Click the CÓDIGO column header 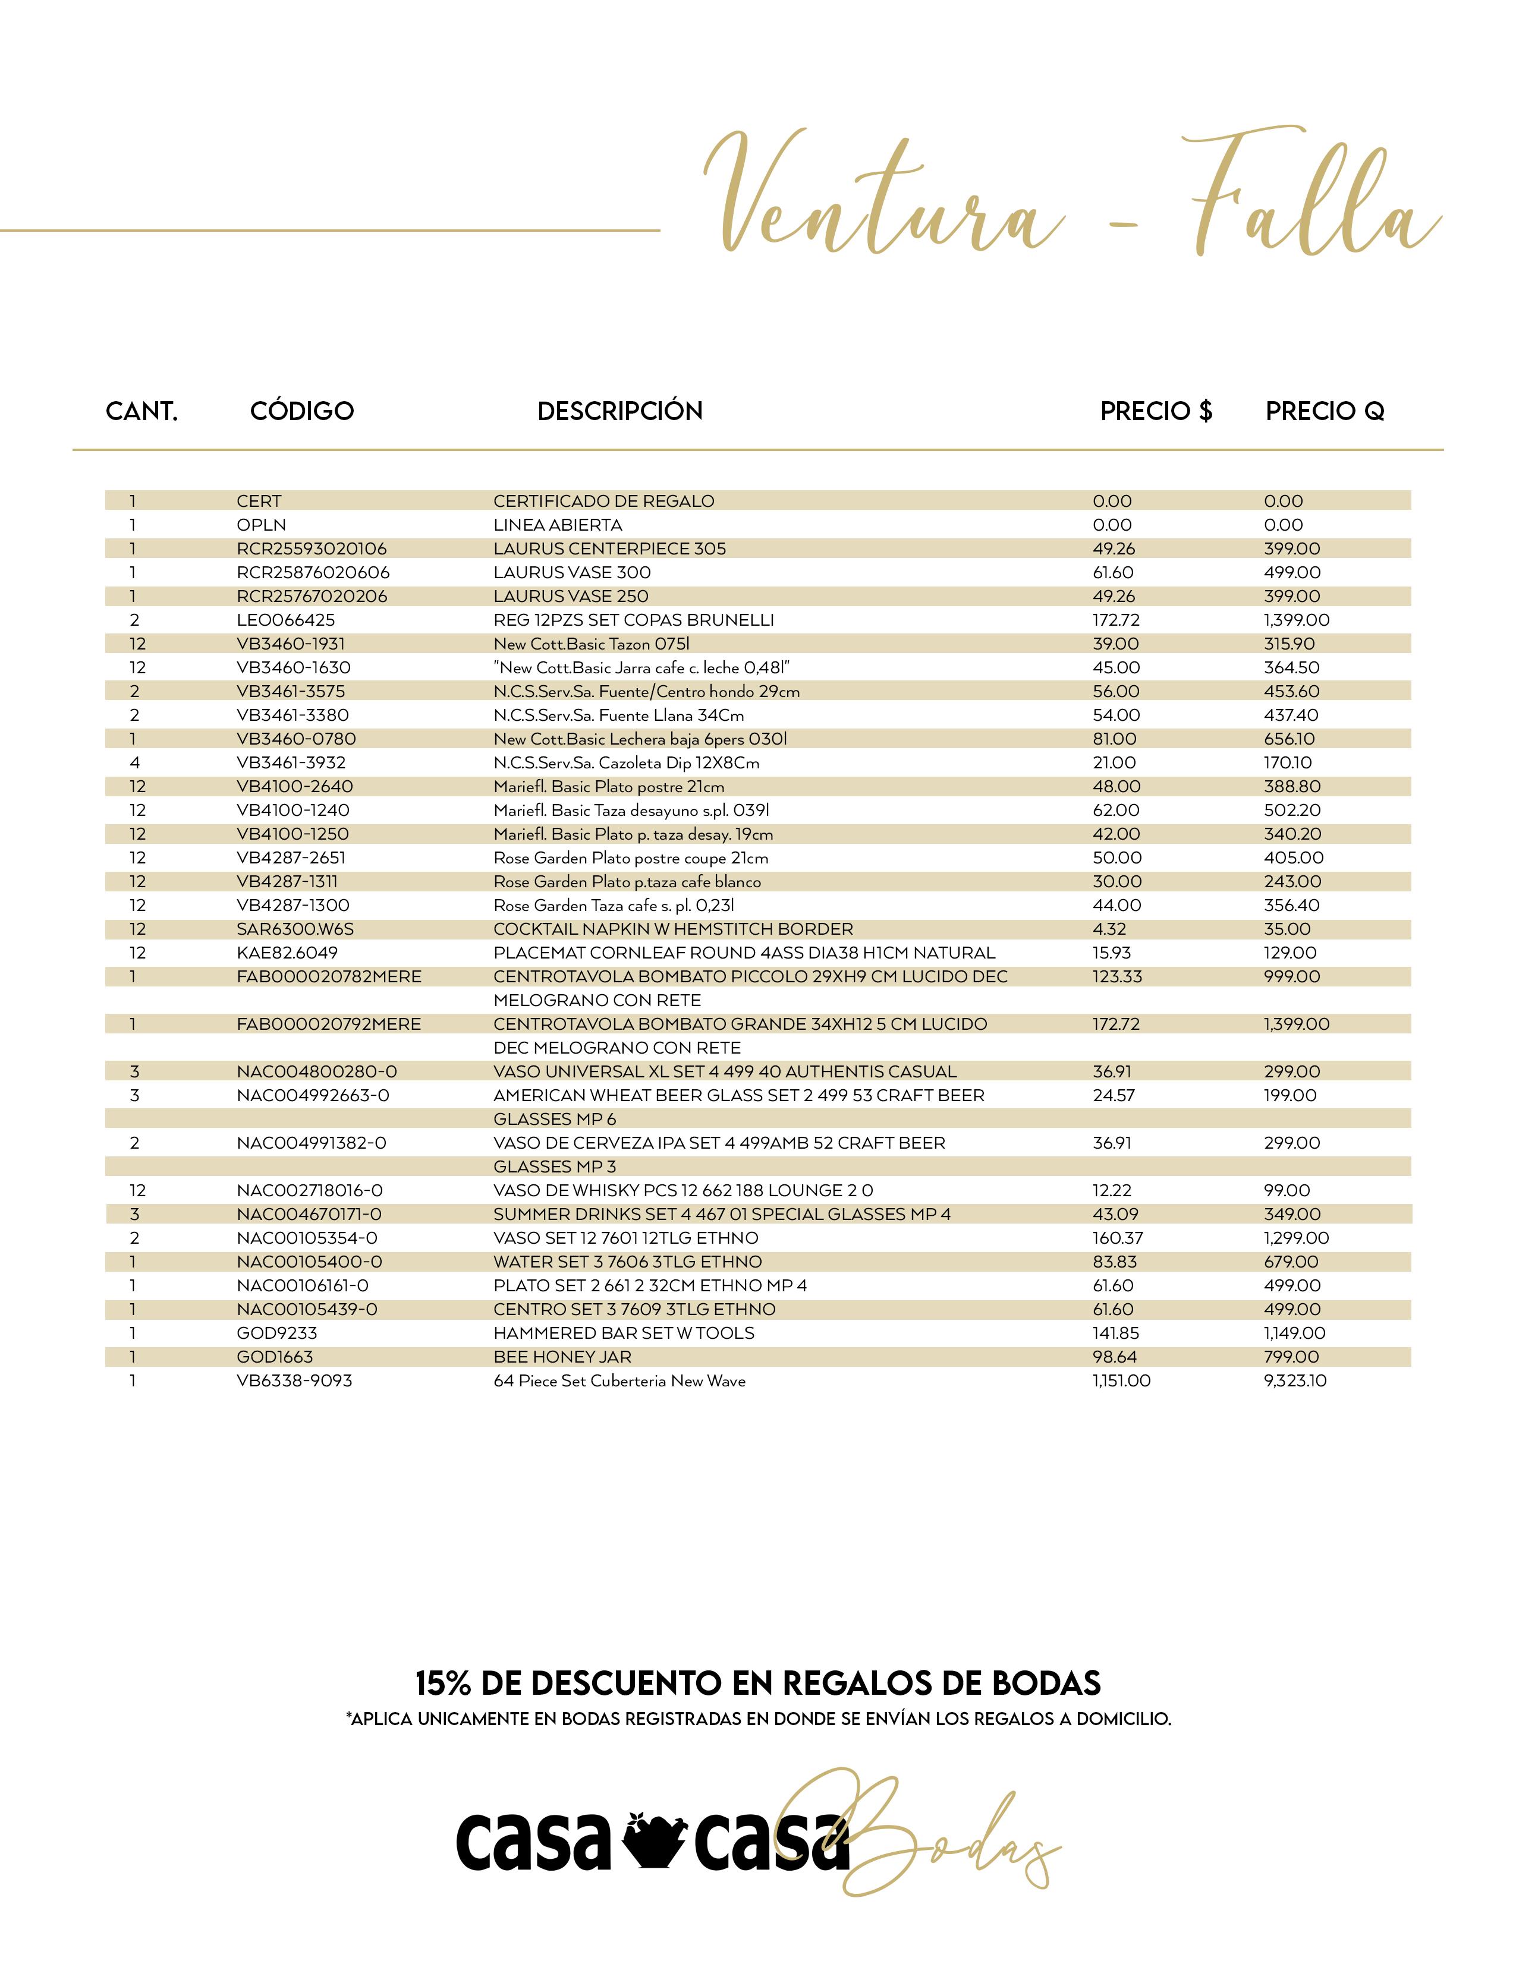click(x=302, y=411)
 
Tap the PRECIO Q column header click(x=1325, y=411)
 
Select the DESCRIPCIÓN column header click(x=619, y=411)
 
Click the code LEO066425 click(x=285, y=620)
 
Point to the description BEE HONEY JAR click(x=562, y=1357)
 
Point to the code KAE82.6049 click(x=287, y=953)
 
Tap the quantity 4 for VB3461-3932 click(x=135, y=763)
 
